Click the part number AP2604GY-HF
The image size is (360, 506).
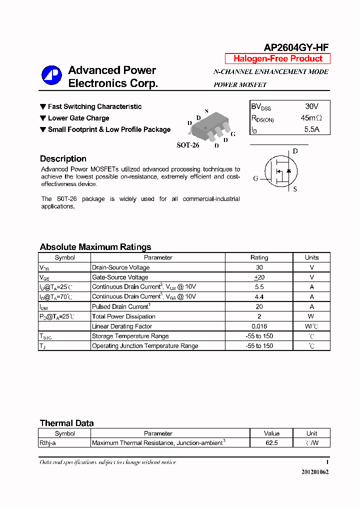tap(296, 47)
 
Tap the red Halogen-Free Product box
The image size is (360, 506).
tap(277, 58)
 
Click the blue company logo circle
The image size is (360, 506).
tap(51, 75)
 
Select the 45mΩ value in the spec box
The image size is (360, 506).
tap(311, 118)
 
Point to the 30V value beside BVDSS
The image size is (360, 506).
tap(311, 106)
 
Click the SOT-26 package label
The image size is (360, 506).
tap(188, 145)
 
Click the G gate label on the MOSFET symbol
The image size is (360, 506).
tap(256, 178)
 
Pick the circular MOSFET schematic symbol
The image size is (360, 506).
tap(280, 170)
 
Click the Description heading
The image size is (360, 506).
tap(63, 158)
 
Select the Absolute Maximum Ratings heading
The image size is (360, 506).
tap(95, 247)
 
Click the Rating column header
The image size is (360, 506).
tap(259, 257)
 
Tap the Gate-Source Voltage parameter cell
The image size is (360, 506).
tap(120, 277)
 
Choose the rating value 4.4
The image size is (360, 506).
tap(259, 296)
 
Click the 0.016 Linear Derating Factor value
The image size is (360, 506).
tap(259, 326)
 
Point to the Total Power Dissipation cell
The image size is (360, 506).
tap(123, 316)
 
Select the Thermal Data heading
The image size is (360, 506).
tap(66, 423)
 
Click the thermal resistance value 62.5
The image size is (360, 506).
tap(271, 443)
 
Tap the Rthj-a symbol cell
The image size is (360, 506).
tap(50, 443)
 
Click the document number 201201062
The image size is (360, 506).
tap(315, 472)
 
